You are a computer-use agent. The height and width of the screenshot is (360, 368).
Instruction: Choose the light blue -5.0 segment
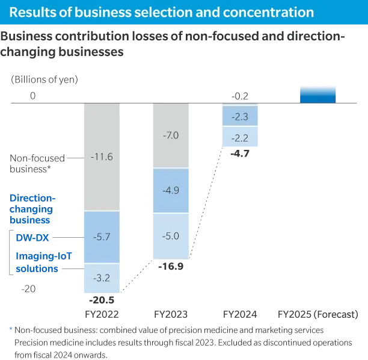click(170, 235)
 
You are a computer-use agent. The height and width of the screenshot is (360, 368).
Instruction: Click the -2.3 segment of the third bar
click(240, 115)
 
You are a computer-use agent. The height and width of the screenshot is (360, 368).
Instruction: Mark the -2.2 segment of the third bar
click(240, 137)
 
